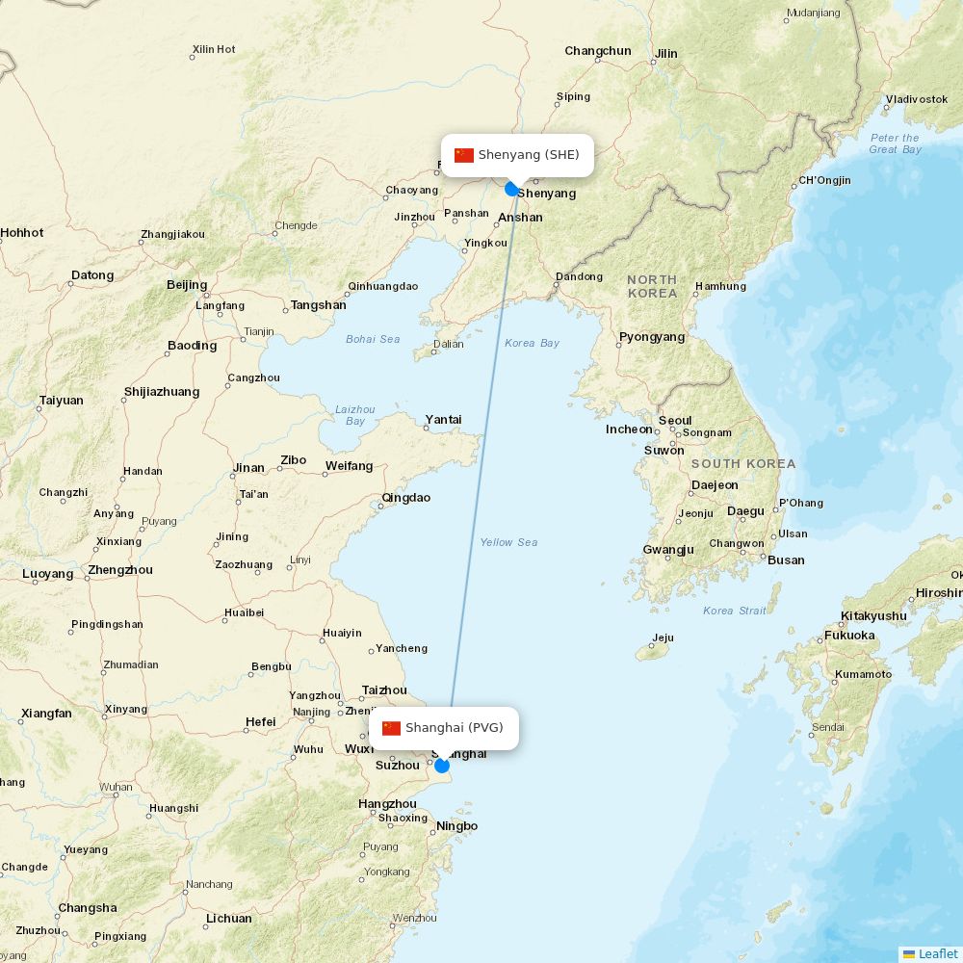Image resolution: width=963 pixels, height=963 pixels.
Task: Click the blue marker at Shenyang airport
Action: [512, 189]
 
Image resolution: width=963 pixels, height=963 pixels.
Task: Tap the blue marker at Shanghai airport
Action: [442, 766]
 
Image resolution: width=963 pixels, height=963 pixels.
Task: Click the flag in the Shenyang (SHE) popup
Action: [464, 155]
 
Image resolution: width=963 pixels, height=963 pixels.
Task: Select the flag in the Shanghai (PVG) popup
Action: [391, 728]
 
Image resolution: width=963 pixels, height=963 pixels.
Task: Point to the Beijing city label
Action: [187, 285]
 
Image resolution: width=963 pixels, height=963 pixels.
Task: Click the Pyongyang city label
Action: [652, 337]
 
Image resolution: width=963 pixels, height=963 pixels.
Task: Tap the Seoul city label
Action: [675, 421]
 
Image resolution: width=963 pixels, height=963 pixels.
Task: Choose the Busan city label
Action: [786, 560]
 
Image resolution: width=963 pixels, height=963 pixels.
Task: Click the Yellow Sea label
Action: [508, 542]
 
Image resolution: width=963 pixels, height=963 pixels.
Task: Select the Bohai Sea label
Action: [373, 339]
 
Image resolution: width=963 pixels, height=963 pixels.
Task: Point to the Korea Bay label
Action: [532, 343]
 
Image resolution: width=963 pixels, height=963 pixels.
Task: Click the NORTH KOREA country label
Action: [652, 286]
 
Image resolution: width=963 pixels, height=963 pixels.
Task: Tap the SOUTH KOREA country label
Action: [743, 464]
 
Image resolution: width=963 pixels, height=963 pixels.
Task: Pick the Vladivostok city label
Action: [917, 99]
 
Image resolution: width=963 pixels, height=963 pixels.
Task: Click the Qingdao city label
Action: [406, 498]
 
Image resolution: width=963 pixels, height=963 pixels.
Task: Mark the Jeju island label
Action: [663, 638]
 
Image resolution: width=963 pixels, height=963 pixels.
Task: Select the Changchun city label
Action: [598, 51]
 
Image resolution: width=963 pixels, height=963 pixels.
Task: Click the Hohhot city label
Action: [22, 233]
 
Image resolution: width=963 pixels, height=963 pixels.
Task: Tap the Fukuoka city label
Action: [849, 636]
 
